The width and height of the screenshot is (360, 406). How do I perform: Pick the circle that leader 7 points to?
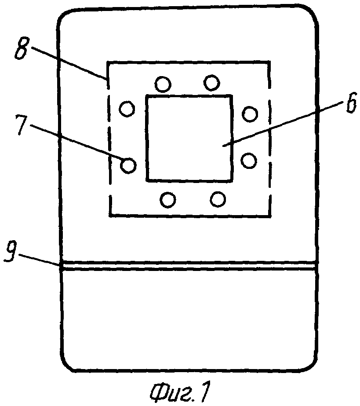(128, 165)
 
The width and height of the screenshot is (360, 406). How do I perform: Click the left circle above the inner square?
(163, 84)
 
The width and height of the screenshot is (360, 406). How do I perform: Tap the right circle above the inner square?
(212, 83)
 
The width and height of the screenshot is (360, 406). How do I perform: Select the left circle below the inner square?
(168, 200)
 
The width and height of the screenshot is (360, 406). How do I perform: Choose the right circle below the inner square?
(218, 199)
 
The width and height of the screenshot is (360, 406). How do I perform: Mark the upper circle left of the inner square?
(127, 109)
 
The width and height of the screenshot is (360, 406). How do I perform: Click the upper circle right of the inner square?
(250, 113)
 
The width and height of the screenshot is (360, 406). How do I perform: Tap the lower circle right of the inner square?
(249, 161)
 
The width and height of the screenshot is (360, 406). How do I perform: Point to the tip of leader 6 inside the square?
(223, 146)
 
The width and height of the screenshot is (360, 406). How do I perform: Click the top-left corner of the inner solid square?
(147, 96)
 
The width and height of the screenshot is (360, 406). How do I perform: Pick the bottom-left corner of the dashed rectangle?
(110, 215)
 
